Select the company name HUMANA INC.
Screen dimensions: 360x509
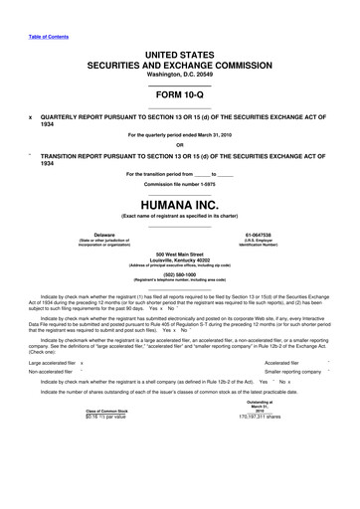179,207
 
